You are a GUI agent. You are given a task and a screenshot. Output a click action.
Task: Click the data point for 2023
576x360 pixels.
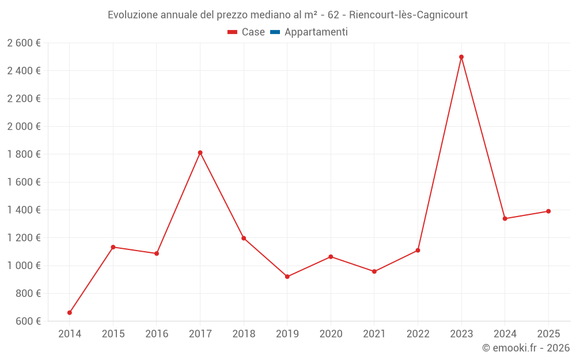pos(461,57)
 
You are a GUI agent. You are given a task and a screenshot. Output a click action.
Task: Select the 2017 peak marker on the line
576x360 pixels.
pos(200,153)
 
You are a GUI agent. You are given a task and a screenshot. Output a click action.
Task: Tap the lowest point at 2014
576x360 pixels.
pos(70,313)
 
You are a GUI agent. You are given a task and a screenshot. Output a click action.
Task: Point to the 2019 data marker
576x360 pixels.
pos(287,276)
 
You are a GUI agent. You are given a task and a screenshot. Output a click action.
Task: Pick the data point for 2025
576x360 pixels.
pos(548,211)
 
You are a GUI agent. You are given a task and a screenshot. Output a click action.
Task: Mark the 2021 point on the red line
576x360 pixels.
pos(374,271)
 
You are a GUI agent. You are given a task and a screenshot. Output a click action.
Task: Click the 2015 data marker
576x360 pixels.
pos(113,247)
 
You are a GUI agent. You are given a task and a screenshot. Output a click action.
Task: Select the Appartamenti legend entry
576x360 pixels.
pos(316,32)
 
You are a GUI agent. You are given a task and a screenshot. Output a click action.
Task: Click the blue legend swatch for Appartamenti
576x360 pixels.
pos(275,32)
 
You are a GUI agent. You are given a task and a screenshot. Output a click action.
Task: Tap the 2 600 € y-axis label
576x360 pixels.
pos(24,43)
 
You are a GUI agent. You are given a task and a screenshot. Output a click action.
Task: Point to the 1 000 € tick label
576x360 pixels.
pos(24,266)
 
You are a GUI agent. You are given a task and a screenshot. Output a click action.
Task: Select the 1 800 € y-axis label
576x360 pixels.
pos(24,154)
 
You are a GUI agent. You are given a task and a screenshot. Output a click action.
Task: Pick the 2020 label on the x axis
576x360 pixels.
pos(331,334)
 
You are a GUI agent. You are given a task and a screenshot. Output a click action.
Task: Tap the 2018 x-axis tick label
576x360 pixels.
pos(244,334)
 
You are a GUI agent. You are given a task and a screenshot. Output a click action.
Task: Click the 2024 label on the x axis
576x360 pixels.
pos(505,334)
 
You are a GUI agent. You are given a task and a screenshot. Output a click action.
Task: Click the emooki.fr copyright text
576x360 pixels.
pos(526,348)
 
